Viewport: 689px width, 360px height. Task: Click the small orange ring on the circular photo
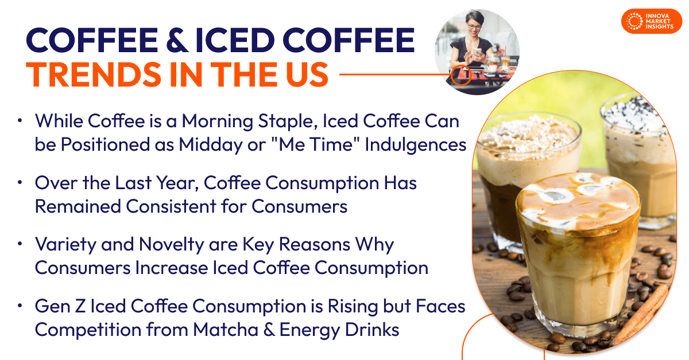click(x=460, y=75)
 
